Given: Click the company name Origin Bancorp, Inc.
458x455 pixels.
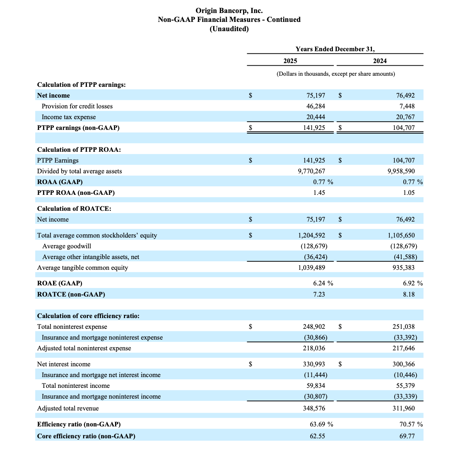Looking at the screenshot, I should click(229, 11).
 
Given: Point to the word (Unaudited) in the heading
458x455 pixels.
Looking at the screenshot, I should click(229, 29).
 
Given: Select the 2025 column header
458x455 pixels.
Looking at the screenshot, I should click(290, 61).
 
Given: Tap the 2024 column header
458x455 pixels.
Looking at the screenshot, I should click(380, 61).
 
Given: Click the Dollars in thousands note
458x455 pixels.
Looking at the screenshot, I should click(336, 74).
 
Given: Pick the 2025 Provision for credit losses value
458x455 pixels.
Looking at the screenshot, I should click(315, 106).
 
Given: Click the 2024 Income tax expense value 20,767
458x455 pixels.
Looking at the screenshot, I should click(405, 117).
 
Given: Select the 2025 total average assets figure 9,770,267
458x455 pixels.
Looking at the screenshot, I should click(311, 171).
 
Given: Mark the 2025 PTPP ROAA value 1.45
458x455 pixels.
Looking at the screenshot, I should click(319, 193).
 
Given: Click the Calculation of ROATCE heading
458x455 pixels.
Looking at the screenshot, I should click(74, 209).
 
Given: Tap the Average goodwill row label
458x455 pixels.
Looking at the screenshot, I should click(67, 246).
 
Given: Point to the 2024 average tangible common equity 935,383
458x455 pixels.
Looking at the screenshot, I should click(403, 268).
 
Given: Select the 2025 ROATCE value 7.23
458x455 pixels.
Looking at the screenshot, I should click(319, 294).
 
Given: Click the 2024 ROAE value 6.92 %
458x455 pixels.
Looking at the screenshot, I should click(412, 283).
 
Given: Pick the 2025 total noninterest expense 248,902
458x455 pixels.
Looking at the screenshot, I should click(314, 327).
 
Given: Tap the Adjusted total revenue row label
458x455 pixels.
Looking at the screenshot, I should click(68, 408).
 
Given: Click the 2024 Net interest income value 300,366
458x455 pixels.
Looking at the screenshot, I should click(403, 364).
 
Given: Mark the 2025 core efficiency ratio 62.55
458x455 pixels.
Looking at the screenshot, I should click(317, 436).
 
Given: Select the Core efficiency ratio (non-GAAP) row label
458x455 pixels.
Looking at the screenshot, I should click(86, 436).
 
